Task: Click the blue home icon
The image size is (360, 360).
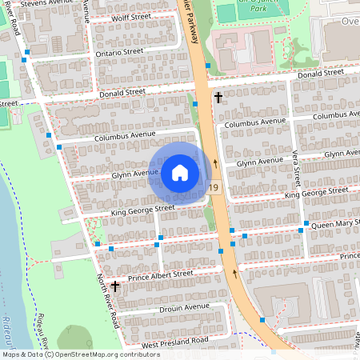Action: (179, 173)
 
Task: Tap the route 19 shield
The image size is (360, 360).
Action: (213, 188)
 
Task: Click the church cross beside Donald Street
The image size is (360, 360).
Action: (218, 97)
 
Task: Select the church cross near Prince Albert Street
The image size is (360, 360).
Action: (115, 286)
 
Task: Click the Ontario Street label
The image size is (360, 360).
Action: (119, 53)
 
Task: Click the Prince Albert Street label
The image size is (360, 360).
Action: (161, 274)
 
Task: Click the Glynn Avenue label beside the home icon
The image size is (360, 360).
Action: (134, 173)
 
